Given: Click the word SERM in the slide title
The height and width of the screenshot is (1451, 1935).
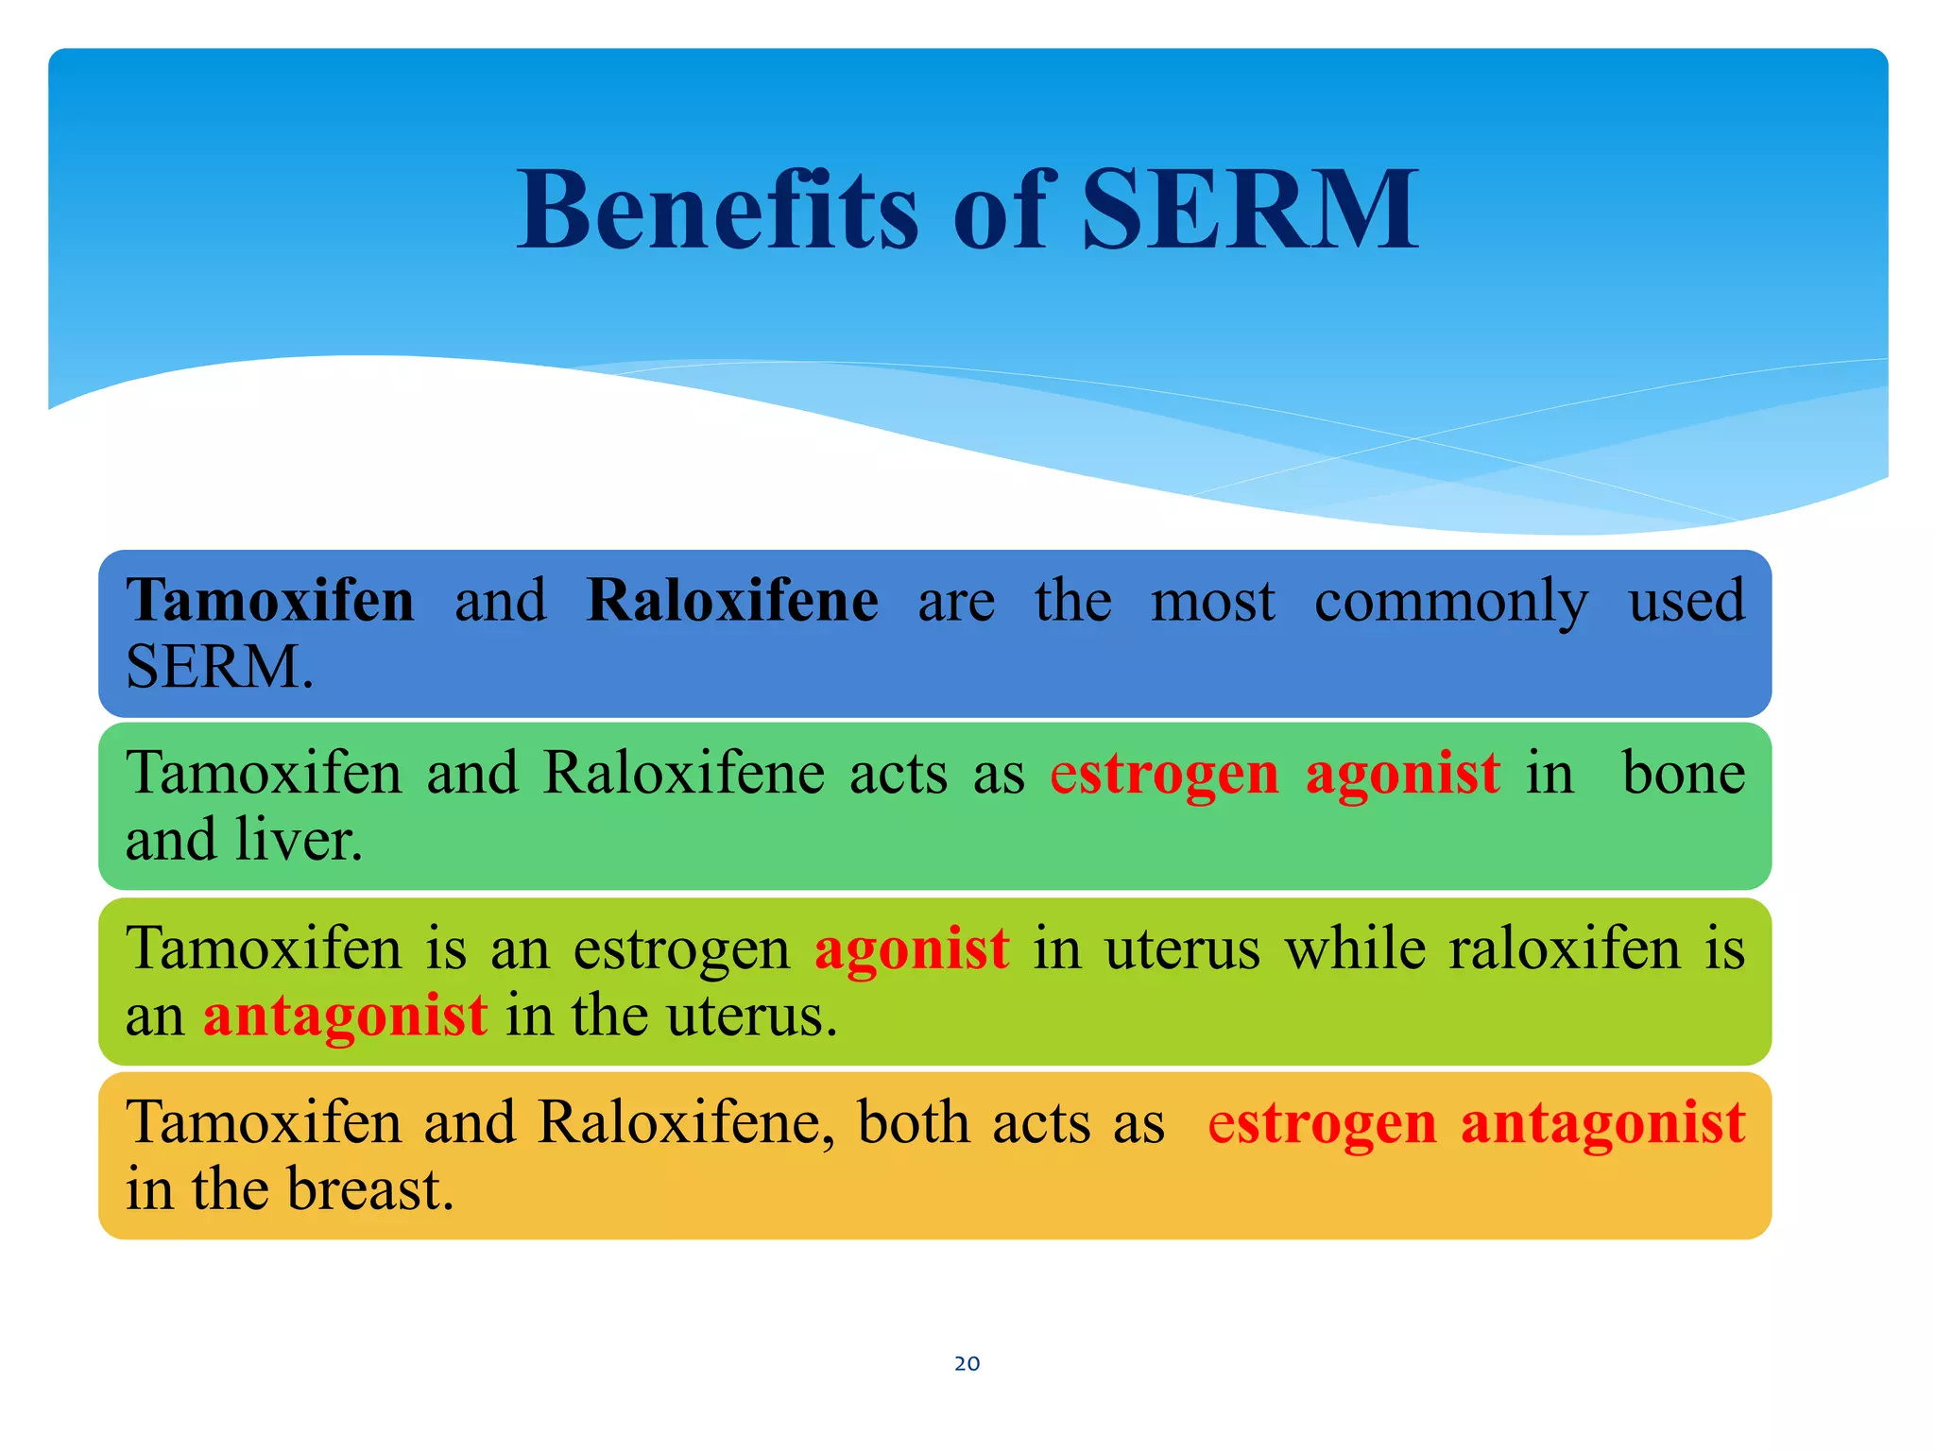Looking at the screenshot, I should point(1249,210).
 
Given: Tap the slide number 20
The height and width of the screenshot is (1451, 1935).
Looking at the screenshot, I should point(967,1363).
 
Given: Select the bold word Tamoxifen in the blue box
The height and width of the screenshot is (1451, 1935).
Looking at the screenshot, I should point(270,601).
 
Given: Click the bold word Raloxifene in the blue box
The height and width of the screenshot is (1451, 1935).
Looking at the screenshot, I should point(732,601).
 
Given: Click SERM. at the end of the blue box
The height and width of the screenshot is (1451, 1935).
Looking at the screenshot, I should point(219,667).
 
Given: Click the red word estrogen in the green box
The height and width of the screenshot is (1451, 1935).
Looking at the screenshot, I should point(1164,775).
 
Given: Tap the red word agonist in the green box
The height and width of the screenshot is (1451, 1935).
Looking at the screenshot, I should point(1402,775).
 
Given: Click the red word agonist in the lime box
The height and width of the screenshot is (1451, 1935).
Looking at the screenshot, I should point(912,948).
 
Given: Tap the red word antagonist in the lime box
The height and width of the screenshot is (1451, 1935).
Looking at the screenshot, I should point(346,1016).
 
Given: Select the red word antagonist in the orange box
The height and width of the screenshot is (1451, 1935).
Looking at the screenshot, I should point(1602,1123).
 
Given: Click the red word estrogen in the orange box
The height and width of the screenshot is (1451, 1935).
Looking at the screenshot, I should point(1322,1123).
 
